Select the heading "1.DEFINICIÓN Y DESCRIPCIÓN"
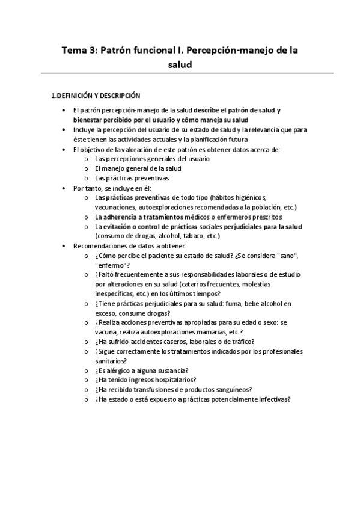click(x=96, y=95)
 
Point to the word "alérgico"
click(x=119, y=370)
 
